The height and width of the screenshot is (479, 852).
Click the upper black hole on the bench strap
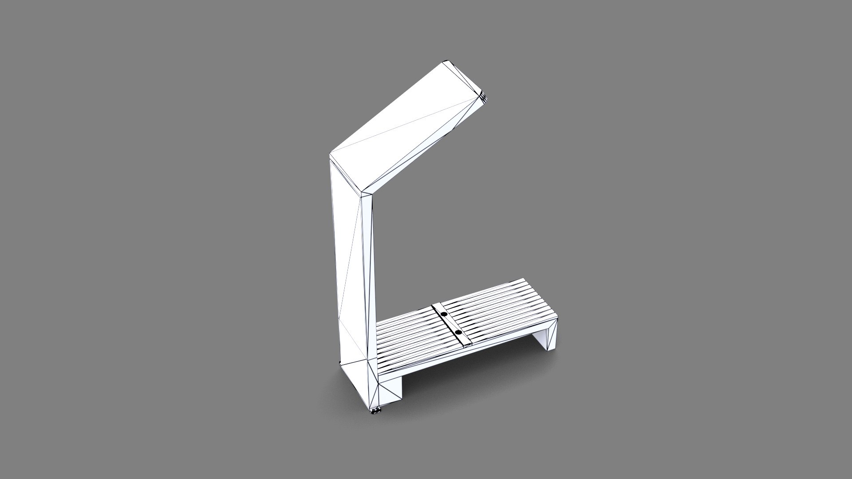(443, 314)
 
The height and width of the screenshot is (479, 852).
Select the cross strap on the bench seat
(450, 324)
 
